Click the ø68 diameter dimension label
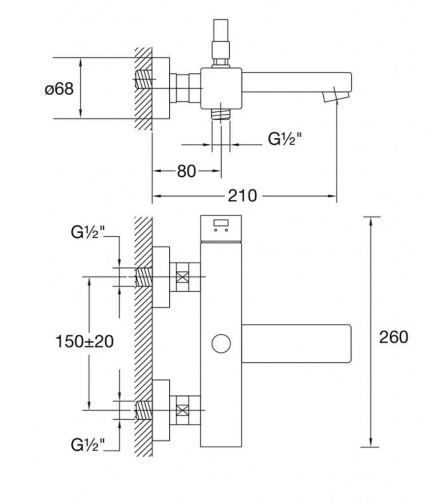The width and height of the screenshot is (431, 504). pos(59,89)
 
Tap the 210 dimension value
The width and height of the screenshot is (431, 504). pos(242,196)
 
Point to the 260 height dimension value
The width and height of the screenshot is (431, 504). pos(394,337)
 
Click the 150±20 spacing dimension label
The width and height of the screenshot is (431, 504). pos(85,341)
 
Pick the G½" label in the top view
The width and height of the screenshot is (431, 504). pos(284,140)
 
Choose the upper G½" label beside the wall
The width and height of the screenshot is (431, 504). pos(88,233)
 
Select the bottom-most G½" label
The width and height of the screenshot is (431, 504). pos(88,445)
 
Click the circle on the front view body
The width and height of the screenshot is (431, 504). pos(221,343)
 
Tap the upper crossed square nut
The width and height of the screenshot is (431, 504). pos(182,277)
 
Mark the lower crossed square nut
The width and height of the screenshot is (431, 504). pos(182,409)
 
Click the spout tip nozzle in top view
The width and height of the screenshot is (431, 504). pos(334,96)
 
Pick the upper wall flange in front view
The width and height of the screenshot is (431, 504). pos(161,277)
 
